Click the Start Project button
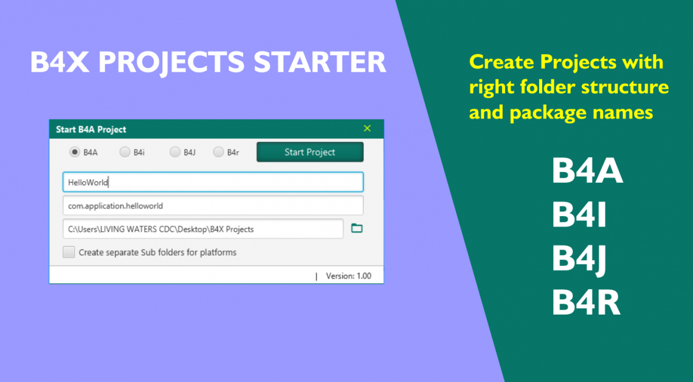(x=309, y=152)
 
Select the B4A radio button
(x=75, y=152)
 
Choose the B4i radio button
(x=125, y=152)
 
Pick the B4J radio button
(x=174, y=152)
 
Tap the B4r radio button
(x=218, y=152)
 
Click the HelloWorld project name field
(x=213, y=182)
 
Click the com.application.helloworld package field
(x=213, y=205)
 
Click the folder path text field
(x=203, y=229)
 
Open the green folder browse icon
(x=357, y=228)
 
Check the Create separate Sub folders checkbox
(x=69, y=252)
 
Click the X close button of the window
(x=367, y=128)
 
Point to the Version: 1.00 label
(x=348, y=276)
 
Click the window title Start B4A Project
(x=91, y=129)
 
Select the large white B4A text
(x=587, y=171)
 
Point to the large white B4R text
(x=586, y=302)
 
